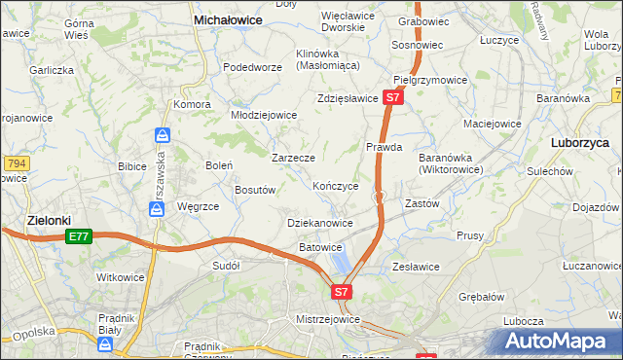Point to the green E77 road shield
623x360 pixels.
(x=79, y=236)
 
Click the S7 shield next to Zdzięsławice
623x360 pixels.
(x=392, y=98)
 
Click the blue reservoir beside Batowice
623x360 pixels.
(x=341, y=261)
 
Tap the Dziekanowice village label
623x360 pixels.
(x=320, y=223)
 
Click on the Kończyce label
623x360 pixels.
(x=336, y=185)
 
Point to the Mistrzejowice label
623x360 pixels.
(x=328, y=318)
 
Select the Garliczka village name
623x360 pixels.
(x=52, y=70)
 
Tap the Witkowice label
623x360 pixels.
(x=121, y=277)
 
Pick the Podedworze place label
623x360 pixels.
(x=252, y=67)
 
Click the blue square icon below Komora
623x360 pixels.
(x=163, y=134)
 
